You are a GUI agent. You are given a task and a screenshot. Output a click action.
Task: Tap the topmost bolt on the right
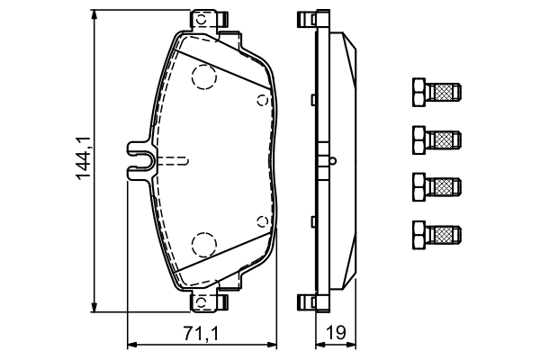436,91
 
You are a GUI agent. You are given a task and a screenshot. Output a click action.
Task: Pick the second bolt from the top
436,139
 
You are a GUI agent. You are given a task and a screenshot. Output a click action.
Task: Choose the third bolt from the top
436,186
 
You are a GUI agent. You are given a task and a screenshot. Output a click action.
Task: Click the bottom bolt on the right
436,234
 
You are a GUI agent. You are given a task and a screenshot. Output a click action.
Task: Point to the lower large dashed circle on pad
205,244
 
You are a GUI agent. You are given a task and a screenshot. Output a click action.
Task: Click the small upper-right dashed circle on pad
261,99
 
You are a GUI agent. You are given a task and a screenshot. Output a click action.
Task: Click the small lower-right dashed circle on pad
261,220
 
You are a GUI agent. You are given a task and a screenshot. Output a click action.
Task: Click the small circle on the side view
333,162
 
